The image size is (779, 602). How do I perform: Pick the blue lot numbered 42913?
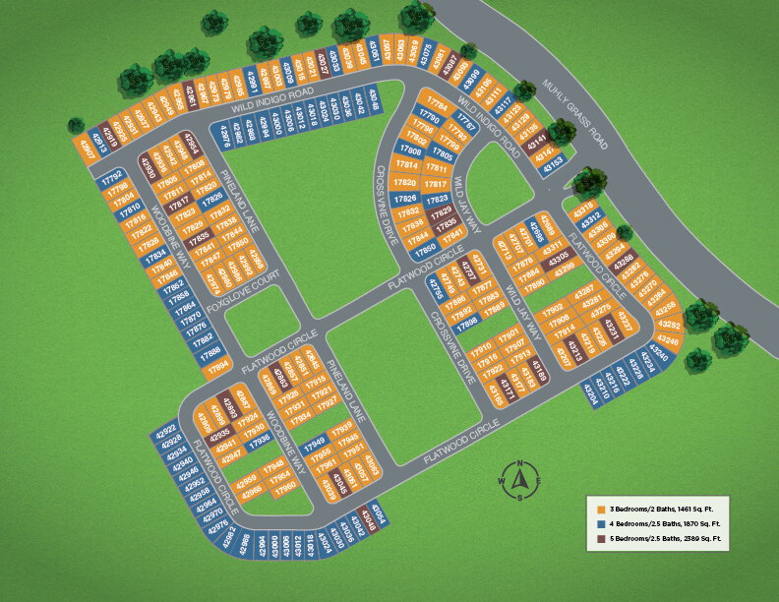[x=99, y=139]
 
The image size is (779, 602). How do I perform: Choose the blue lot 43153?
[x=551, y=161]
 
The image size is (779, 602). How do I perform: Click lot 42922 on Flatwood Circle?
[x=166, y=430]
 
